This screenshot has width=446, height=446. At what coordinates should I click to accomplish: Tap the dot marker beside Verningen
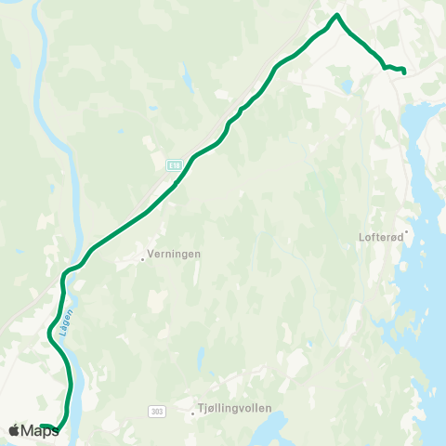143,259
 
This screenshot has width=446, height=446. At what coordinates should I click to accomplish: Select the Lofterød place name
380,237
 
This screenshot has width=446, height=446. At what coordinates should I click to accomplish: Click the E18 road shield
173,164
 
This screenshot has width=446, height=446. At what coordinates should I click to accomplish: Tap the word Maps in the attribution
41,430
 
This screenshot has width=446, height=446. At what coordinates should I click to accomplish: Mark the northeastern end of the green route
404,72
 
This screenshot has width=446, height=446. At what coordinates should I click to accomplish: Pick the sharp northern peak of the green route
337,15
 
